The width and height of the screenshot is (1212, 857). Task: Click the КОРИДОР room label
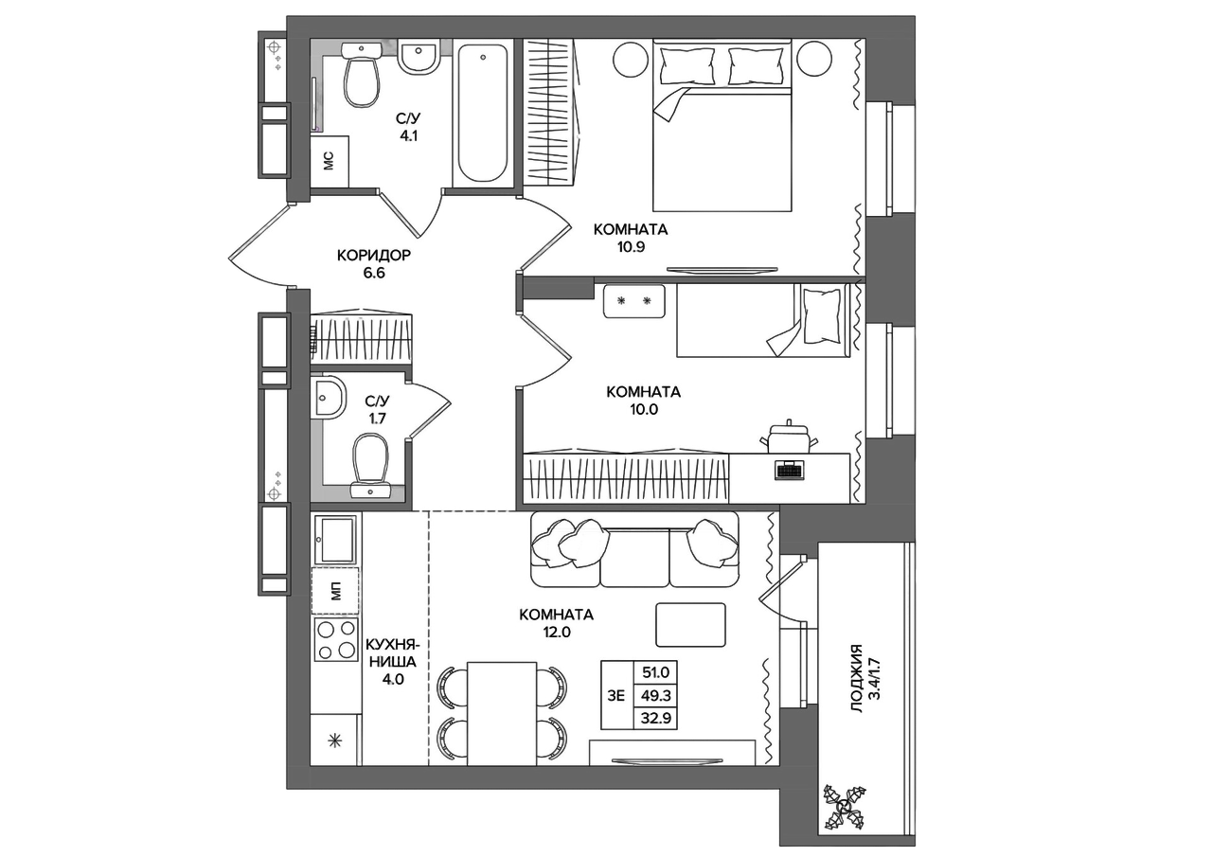374,255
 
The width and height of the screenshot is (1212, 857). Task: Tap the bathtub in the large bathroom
483,113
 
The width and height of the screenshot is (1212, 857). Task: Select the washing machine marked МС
330,161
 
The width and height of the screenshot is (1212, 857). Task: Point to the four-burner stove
335,639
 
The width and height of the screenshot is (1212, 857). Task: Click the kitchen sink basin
335,540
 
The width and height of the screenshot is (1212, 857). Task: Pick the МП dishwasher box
335,591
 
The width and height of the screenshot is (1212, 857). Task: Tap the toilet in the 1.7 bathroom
370,466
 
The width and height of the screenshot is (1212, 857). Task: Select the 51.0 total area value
656,672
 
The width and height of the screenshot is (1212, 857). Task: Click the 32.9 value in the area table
656,719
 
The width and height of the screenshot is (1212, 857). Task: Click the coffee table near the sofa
691,625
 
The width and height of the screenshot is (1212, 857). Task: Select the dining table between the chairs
502,713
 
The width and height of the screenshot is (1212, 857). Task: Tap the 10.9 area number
631,247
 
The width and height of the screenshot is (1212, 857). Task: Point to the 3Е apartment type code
616,696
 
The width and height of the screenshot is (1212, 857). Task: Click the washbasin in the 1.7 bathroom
328,399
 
